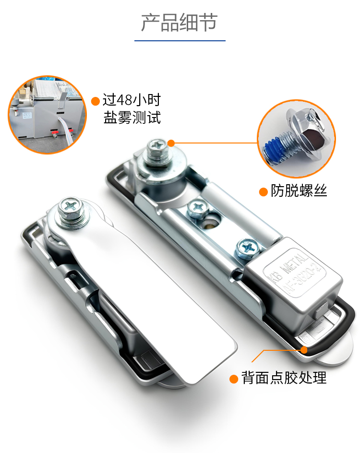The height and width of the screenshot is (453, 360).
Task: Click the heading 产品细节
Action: tap(179, 22)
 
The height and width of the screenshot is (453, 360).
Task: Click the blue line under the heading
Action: tap(180, 41)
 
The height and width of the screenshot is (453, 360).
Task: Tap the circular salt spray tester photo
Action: tap(47, 115)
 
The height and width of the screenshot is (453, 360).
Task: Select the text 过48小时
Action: tap(132, 100)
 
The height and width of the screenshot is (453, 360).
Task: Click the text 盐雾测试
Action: tap(132, 118)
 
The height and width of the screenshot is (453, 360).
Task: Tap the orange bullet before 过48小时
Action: tap(96, 101)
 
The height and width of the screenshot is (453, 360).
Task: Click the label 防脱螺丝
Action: tap(299, 191)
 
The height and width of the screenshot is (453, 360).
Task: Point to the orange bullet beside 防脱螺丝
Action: tap(263, 192)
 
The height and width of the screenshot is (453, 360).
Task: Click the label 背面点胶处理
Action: tap(284, 378)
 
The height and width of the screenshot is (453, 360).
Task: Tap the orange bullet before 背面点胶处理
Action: tap(233, 379)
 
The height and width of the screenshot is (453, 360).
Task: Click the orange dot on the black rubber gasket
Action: tap(304, 350)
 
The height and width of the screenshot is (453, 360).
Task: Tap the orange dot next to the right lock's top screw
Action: tap(171, 143)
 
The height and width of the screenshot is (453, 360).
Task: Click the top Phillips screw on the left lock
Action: tap(71, 207)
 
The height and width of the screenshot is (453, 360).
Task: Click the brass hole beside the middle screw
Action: tap(212, 223)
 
